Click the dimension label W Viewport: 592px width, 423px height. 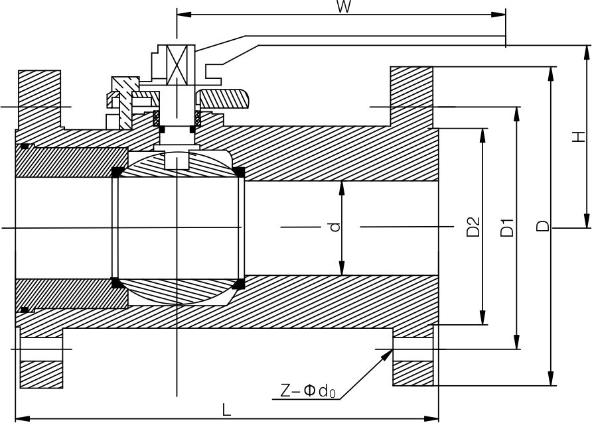(x=343, y=7)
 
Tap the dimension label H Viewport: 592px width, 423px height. (x=579, y=137)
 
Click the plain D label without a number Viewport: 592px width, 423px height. (x=543, y=227)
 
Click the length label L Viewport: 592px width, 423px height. (x=226, y=410)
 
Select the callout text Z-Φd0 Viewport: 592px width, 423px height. (x=308, y=391)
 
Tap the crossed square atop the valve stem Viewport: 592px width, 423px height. (x=177, y=65)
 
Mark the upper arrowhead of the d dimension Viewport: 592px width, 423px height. (x=342, y=186)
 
